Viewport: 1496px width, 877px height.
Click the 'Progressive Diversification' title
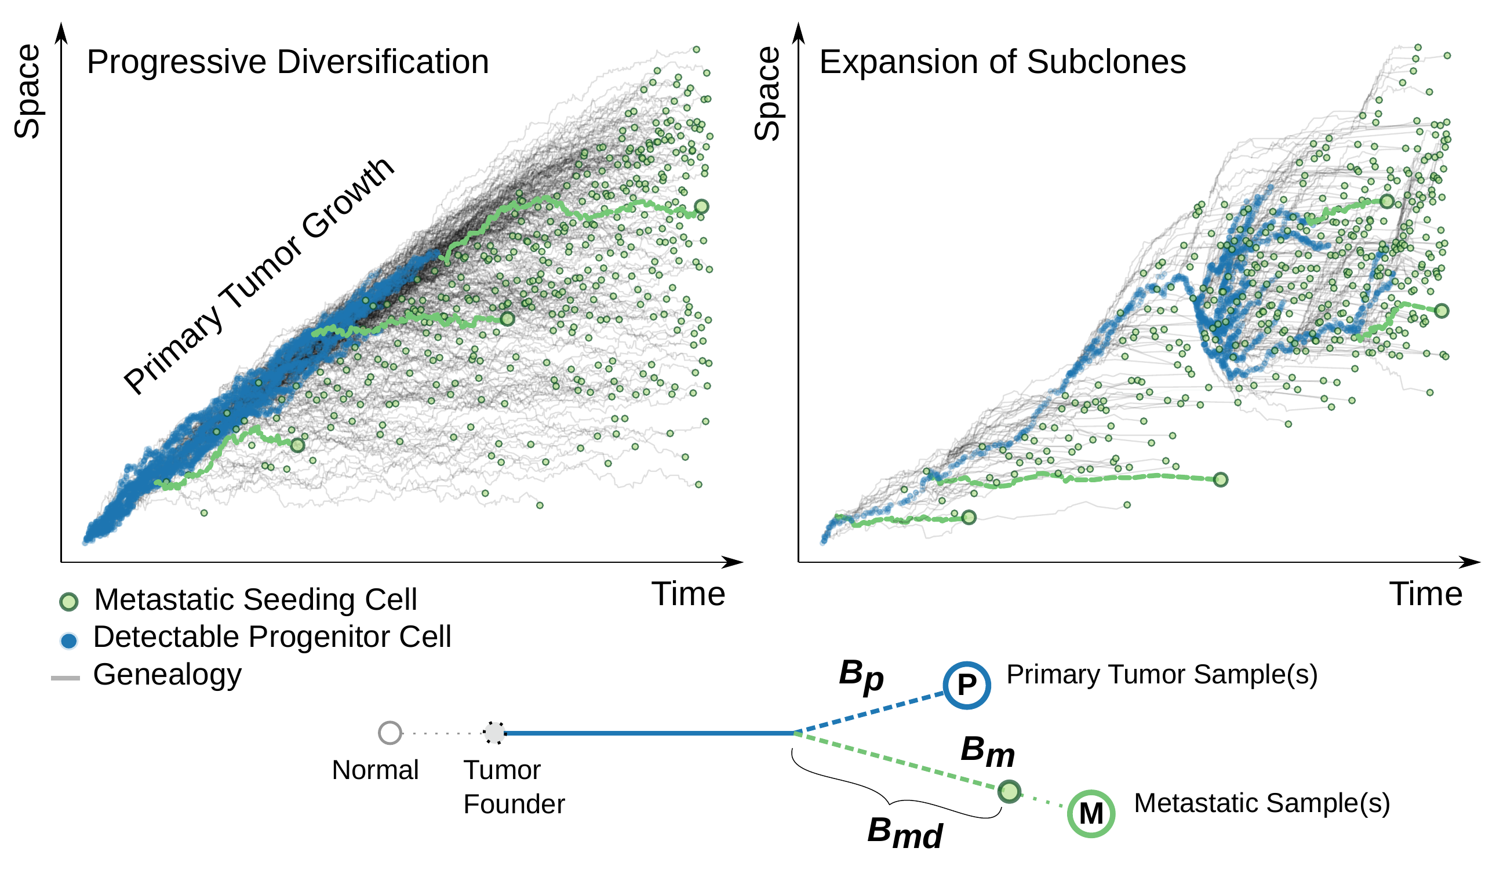(x=288, y=62)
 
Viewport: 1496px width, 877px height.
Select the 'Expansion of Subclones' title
(x=1002, y=62)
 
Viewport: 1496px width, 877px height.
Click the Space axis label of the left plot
(x=27, y=92)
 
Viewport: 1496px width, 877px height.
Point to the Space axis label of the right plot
(x=767, y=94)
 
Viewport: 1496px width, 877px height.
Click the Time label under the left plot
(x=688, y=594)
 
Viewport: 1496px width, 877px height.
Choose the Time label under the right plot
(x=1425, y=594)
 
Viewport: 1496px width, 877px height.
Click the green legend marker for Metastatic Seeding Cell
(x=69, y=602)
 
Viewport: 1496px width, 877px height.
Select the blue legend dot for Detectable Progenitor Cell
(x=69, y=641)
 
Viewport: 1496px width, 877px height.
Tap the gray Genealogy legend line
(x=65, y=678)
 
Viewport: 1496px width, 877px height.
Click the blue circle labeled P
(x=966, y=685)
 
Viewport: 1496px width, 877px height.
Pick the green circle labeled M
(x=1090, y=813)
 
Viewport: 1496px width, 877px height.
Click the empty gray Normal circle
(x=390, y=733)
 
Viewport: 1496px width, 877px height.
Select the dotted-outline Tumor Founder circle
(x=494, y=733)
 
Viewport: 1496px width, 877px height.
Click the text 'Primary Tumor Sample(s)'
(x=1162, y=675)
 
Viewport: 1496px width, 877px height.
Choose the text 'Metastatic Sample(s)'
(x=1261, y=803)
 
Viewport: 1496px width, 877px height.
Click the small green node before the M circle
(x=1009, y=791)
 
